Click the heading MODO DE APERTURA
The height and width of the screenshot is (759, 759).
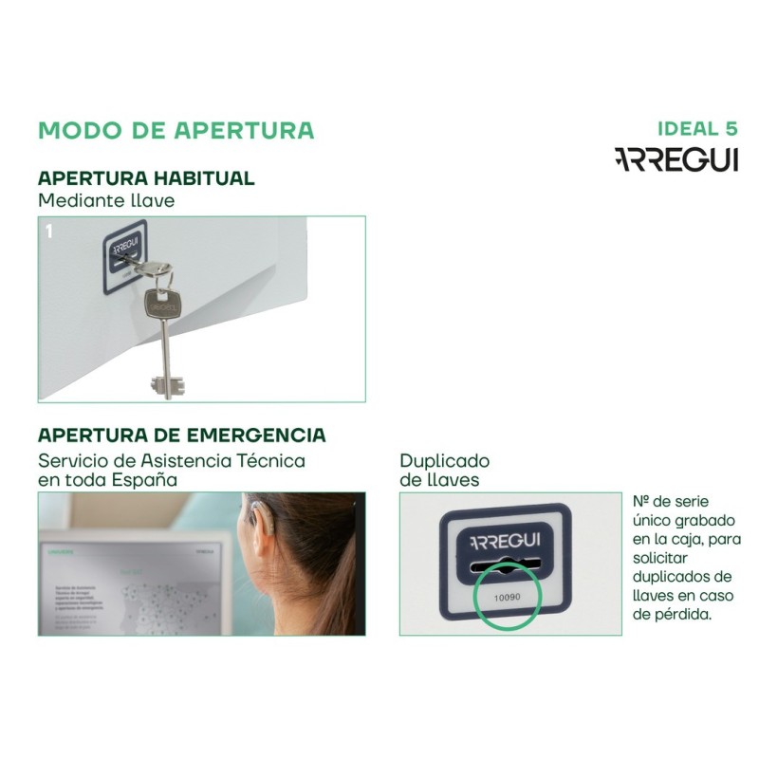pos(176,130)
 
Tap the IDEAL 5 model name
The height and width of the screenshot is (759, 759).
pos(696,129)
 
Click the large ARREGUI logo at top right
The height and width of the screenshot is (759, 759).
pos(676,159)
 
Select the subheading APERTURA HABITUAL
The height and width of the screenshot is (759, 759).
pos(146,178)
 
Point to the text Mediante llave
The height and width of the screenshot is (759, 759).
pos(106,200)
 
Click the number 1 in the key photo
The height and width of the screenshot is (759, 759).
pos(49,231)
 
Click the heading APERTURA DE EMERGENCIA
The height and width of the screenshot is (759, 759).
pos(181,435)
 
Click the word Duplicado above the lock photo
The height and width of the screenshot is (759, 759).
pos(444,460)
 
